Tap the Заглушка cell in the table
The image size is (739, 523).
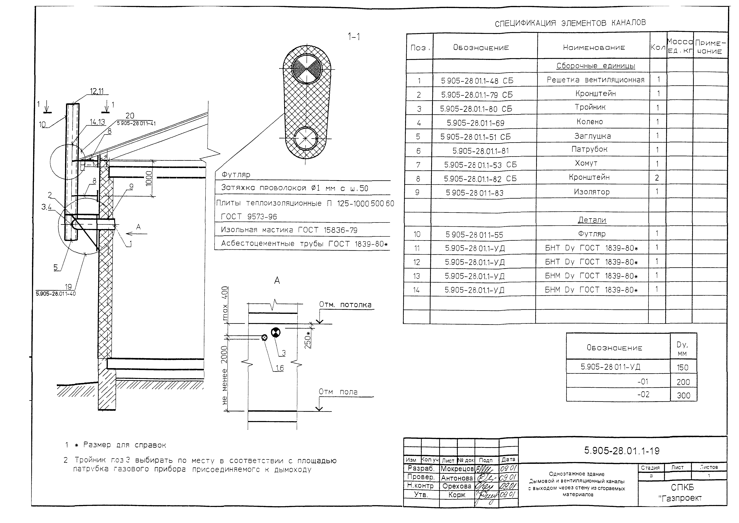click(x=592, y=136)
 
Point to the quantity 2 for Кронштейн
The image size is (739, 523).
click(x=657, y=178)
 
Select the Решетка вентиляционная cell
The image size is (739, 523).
click(x=595, y=80)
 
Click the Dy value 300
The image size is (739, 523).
click(x=683, y=395)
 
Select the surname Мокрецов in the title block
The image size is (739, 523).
click(x=457, y=469)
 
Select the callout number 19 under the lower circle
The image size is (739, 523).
click(x=68, y=287)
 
